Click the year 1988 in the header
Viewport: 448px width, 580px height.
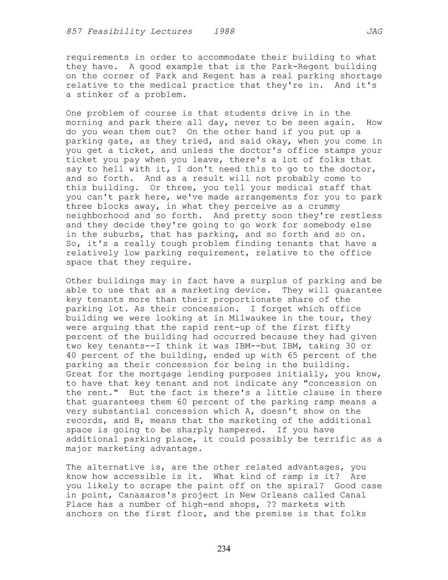224,32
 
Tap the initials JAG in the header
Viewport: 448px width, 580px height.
374,32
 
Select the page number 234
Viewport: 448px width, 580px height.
224,548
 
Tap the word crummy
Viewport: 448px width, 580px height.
324,206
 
